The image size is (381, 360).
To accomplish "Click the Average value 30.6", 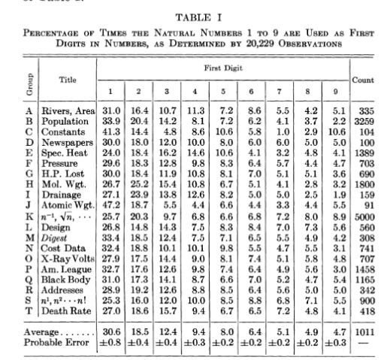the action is (x=110, y=331).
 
